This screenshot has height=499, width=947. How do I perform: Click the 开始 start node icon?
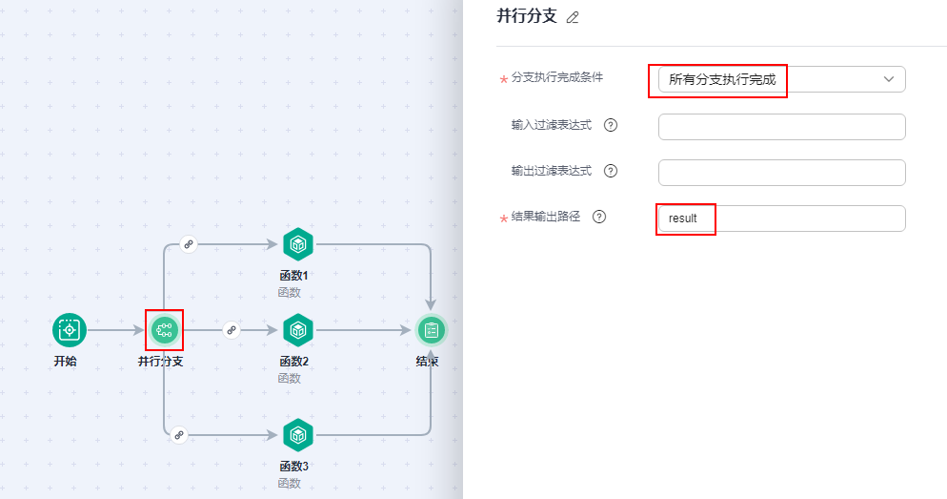69,330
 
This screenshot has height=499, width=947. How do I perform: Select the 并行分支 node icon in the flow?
164,330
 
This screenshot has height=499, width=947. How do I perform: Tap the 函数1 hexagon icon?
298,244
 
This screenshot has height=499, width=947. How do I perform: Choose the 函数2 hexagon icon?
298,330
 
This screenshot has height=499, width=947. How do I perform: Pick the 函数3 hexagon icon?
298,435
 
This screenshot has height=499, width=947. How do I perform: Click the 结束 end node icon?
431,330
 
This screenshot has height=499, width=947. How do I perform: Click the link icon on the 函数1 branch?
189,244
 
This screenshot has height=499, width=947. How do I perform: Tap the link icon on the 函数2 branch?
231,330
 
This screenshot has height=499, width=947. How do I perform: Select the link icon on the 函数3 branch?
179,435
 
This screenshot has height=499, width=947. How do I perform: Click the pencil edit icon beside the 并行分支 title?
573,18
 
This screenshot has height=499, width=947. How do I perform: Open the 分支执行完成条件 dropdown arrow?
889,79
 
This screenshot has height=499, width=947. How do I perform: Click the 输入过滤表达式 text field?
781,127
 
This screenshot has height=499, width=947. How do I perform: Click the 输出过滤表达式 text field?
781,173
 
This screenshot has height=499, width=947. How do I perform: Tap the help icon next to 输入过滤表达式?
611,125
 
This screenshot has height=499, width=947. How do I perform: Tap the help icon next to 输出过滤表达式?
611,171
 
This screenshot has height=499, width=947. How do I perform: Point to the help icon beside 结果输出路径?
599,217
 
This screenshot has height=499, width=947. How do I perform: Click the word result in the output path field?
683,218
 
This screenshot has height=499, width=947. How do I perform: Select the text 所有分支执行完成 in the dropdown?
722,80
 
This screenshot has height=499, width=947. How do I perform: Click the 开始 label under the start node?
67,362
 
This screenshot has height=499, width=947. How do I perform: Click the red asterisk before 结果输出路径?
504,219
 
